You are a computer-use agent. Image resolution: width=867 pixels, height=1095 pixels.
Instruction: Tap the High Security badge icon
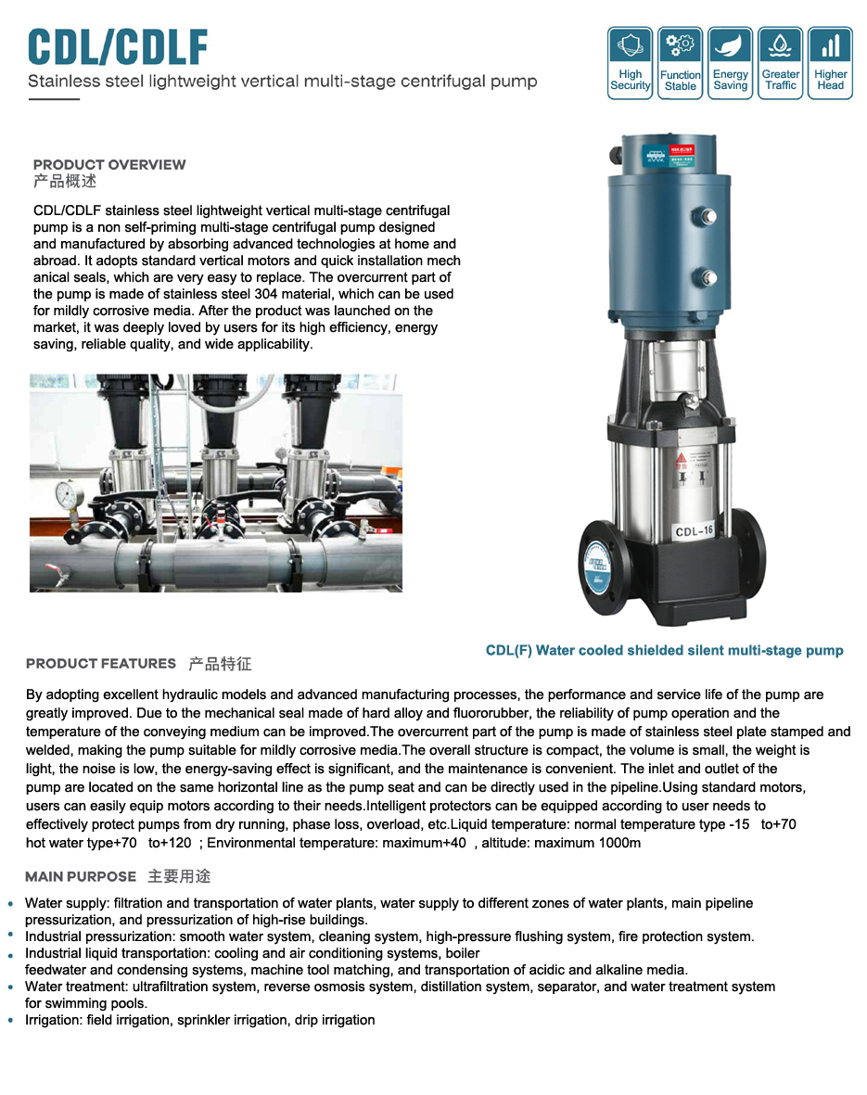click(630, 63)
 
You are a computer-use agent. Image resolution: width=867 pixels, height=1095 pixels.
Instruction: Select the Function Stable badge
click(680, 63)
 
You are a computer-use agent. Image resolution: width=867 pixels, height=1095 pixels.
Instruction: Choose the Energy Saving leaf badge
click(730, 63)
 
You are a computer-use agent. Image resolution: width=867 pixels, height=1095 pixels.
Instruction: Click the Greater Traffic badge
click(780, 63)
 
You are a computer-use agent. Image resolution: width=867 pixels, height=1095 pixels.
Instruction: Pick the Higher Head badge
click(830, 63)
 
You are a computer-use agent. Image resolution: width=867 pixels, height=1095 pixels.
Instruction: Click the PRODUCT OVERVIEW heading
click(109, 165)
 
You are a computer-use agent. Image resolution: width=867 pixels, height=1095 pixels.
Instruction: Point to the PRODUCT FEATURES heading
click(101, 664)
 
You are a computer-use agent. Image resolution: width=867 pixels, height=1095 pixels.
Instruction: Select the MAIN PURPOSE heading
click(81, 877)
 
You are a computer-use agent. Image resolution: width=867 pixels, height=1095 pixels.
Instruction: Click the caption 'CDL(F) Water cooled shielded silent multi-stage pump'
click(664, 651)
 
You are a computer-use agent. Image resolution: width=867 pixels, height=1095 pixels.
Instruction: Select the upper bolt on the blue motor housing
click(708, 218)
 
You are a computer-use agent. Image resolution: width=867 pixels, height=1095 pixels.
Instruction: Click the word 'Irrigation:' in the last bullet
click(54, 1020)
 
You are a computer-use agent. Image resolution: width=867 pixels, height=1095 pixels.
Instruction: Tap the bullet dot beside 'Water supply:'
click(10, 904)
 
